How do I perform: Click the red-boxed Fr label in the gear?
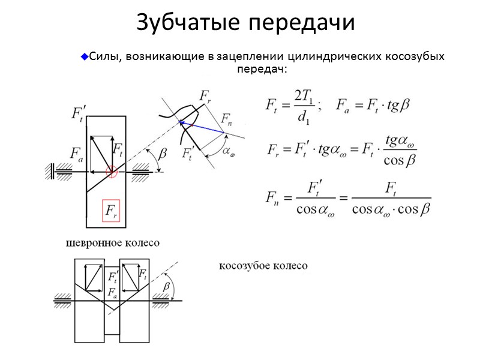112,211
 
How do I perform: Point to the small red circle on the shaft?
112,172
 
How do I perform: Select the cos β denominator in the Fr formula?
400,161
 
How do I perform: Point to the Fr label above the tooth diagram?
205,97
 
